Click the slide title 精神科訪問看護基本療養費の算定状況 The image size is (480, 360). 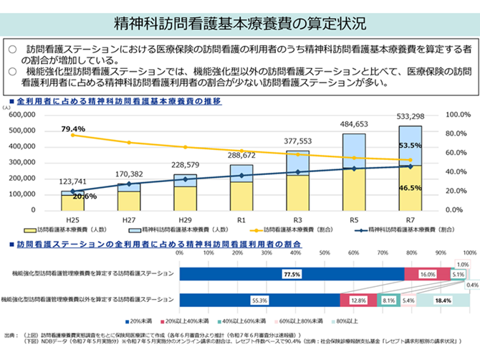coord(239,24)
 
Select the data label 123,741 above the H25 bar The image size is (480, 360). coord(74,182)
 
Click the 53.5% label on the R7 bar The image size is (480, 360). coord(409,145)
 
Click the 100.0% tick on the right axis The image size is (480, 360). coord(457,115)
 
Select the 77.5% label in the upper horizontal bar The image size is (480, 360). coord(290,274)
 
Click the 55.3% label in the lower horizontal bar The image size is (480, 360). coord(259,301)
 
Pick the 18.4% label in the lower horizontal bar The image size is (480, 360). coord(443,301)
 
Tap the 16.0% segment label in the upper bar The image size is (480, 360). coord(427,274)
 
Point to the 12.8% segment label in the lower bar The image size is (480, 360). coord(358,301)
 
